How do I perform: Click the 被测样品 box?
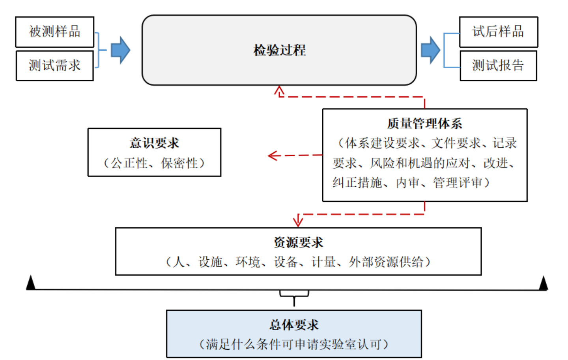(x=54, y=32)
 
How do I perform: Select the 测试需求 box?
(x=54, y=66)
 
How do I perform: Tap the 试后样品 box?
(x=498, y=32)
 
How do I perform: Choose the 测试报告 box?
(x=498, y=66)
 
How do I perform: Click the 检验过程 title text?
(x=279, y=50)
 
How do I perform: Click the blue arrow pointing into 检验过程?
(x=120, y=50)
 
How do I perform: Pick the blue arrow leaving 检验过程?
(x=430, y=50)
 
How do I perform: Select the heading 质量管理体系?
(x=424, y=124)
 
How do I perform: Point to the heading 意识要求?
(x=154, y=143)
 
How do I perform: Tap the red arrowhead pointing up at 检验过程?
(x=279, y=91)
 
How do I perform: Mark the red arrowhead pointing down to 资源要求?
(x=298, y=221)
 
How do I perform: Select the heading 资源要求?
(x=298, y=242)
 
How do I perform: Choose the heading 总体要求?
(x=294, y=325)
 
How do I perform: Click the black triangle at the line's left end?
(x=30, y=283)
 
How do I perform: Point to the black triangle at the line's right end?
(x=544, y=283)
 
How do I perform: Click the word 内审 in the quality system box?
(x=408, y=182)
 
